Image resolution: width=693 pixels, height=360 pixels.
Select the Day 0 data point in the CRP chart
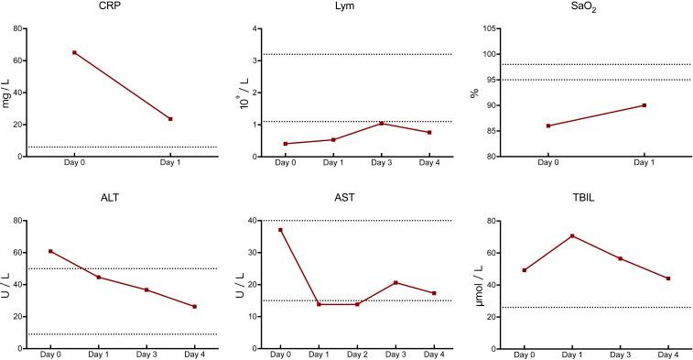coord(74,52)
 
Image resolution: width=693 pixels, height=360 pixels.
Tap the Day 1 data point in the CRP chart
coord(170,119)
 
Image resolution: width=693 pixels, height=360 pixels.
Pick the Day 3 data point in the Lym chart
coord(381,124)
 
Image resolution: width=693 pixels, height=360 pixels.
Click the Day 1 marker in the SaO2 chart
coord(644,105)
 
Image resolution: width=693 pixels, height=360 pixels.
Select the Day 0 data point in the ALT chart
coord(50,251)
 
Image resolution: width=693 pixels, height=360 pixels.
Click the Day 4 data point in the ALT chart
coord(194,306)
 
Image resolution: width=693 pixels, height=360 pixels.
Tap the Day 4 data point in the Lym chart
coord(428,132)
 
